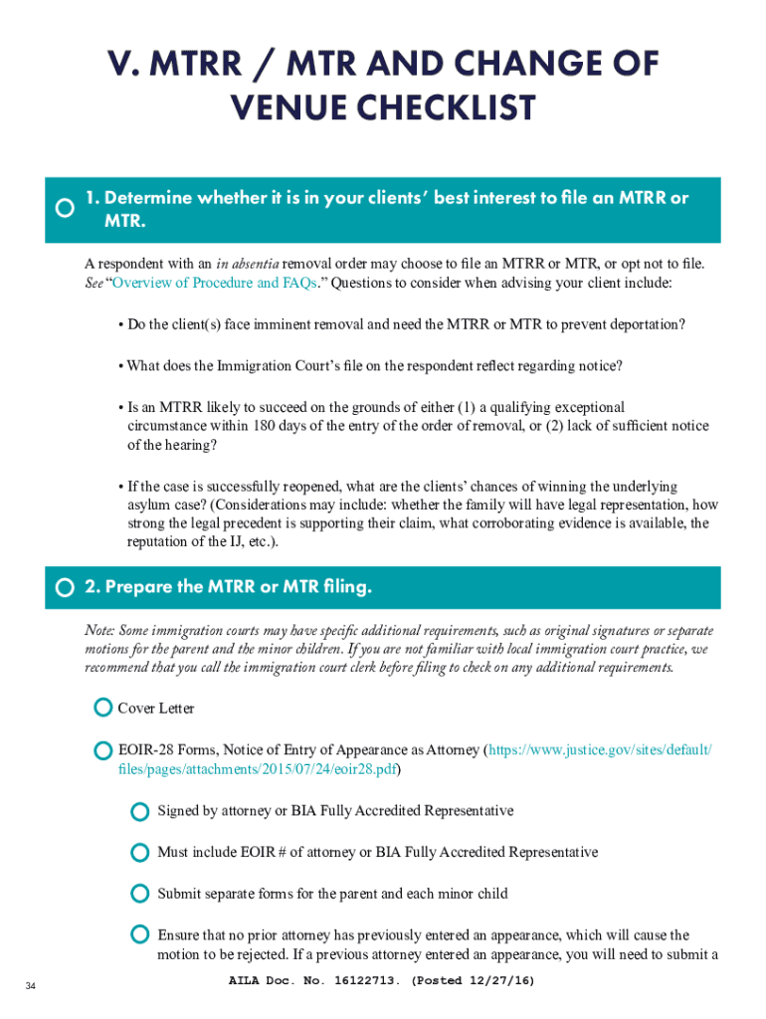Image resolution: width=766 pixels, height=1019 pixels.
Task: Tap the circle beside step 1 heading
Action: click(65, 208)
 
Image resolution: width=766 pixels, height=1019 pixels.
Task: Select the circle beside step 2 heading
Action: click(65, 588)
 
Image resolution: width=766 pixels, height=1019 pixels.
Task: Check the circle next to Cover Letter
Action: click(102, 708)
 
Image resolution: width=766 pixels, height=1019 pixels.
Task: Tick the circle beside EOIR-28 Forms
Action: click(102, 750)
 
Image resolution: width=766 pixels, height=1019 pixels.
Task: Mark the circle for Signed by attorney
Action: click(140, 811)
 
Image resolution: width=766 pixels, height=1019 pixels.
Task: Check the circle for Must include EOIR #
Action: click(140, 853)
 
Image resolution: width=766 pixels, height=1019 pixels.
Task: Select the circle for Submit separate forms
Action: click(140, 894)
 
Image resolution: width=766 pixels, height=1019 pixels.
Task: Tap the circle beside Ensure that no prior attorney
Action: click(140, 935)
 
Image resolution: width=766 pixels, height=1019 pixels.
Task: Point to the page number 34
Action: click(32, 986)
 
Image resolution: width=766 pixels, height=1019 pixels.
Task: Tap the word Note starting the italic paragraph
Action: click(100, 631)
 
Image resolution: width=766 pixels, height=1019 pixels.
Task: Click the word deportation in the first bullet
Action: click(644, 324)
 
